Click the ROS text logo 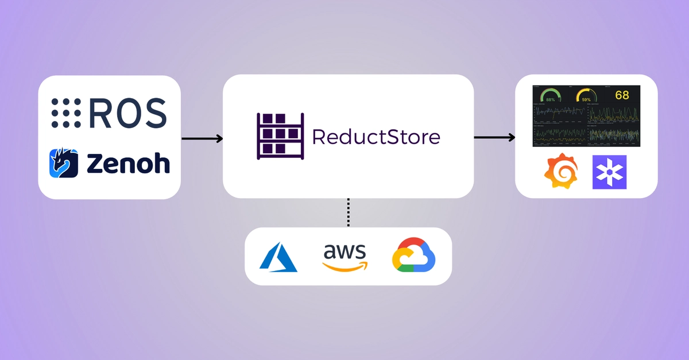pyautogui.click(x=127, y=113)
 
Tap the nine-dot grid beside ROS pyautogui.click(x=65, y=113)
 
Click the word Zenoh pyautogui.click(x=128, y=163)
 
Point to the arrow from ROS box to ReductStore pyautogui.click(x=202, y=138)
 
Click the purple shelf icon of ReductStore pyautogui.click(x=279, y=137)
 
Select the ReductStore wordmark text pyautogui.click(x=376, y=137)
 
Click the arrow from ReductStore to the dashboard pyautogui.click(x=494, y=137)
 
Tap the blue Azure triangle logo pyautogui.click(x=278, y=257)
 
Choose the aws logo pyautogui.click(x=344, y=257)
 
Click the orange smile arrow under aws pyautogui.click(x=344, y=266)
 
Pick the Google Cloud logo pyautogui.click(x=413, y=256)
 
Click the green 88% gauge pyautogui.click(x=550, y=95)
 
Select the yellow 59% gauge pyautogui.click(x=586, y=95)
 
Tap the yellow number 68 pyautogui.click(x=622, y=95)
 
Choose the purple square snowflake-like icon pyautogui.click(x=609, y=172)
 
